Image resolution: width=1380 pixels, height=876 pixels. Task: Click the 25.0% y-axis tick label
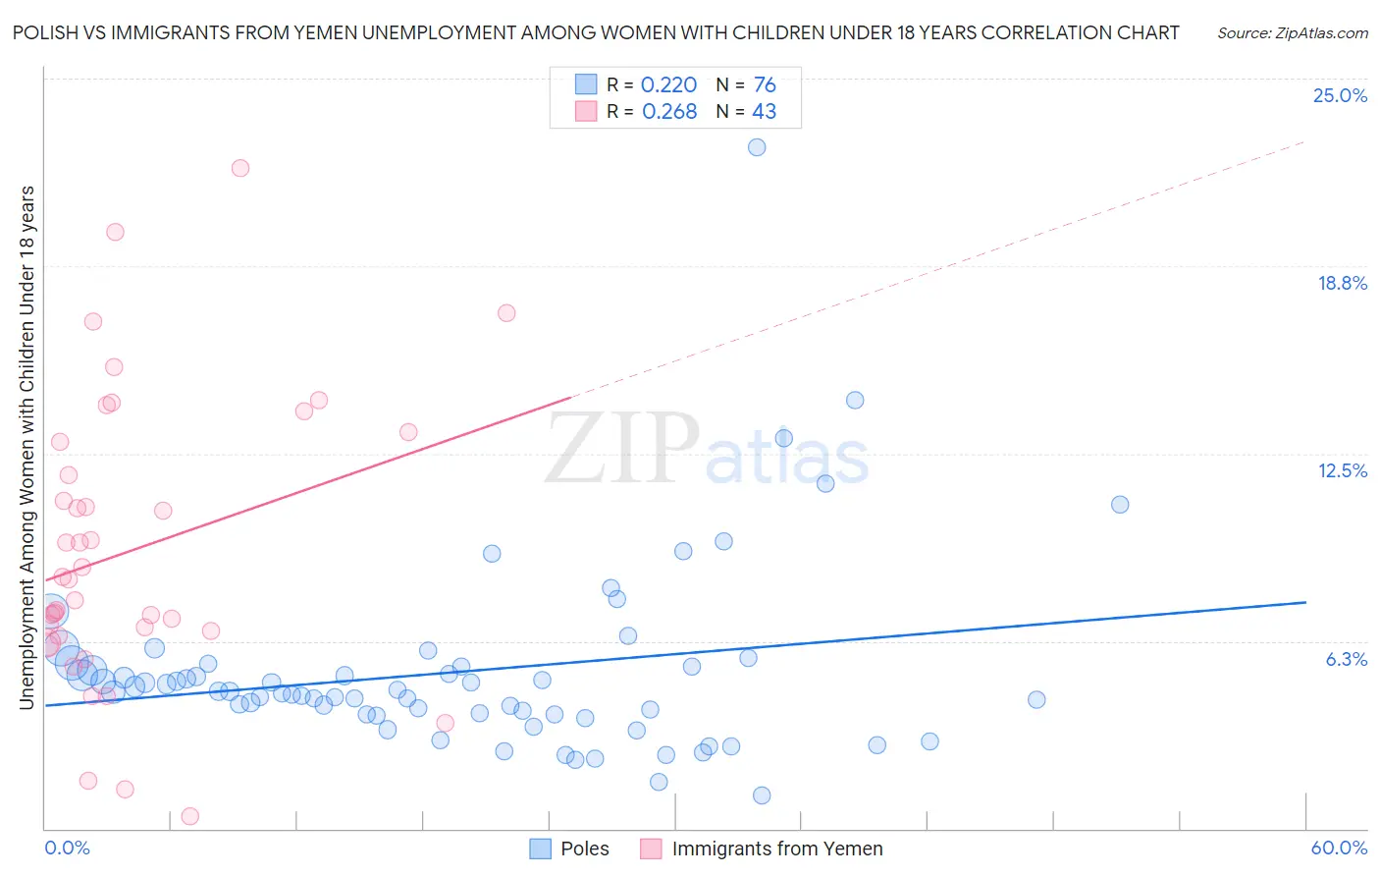point(1340,95)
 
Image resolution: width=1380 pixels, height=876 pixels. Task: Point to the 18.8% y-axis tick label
point(1342,283)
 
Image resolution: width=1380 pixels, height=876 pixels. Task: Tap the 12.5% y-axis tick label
point(1342,470)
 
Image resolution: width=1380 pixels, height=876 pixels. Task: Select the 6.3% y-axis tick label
point(1346,659)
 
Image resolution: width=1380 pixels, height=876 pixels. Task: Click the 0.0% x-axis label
point(67,848)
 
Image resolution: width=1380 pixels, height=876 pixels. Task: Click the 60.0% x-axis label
point(1339,848)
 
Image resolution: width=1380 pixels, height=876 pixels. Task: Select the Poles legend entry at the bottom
point(584,849)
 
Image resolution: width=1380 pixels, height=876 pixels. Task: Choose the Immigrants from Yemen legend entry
point(776,849)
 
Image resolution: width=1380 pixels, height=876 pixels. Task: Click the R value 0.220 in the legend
point(668,85)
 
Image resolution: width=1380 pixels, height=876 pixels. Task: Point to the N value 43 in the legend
point(764,112)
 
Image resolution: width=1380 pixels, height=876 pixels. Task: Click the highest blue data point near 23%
point(757,147)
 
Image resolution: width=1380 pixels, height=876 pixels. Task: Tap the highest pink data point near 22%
point(240,168)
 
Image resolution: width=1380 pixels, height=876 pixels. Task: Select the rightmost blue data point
point(1120,505)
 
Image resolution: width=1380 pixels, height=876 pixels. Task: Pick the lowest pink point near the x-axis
point(190,816)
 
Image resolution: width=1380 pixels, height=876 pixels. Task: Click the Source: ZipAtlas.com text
point(1292,32)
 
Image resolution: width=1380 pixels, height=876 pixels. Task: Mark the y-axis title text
point(27,447)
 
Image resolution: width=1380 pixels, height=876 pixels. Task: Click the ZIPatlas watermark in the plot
point(707,450)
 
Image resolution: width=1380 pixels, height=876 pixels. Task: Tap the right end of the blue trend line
point(1305,601)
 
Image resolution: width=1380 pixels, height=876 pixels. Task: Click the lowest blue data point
point(762,795)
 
